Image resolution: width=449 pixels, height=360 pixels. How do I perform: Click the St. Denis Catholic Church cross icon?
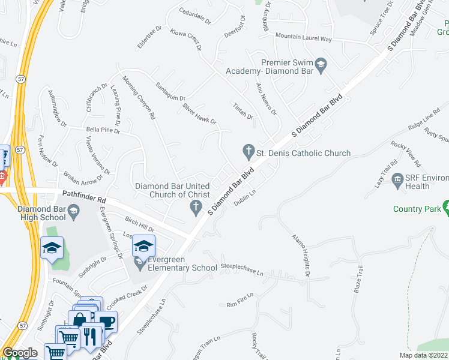(x=247, y=149)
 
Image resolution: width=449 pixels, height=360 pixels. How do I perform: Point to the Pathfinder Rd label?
(x=84, y=196)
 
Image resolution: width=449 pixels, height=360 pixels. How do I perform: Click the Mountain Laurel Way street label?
(x=303, y=38)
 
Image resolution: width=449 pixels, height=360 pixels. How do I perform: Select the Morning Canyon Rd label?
(x=139, y=96)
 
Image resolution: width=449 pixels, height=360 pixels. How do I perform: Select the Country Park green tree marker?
(x=446, y=207)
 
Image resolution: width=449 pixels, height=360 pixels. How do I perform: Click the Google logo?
(x=20, y=353)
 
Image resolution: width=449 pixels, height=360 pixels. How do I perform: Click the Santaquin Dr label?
(x=170, y=91)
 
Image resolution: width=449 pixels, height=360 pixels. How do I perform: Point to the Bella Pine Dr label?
(x=103, y=129)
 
